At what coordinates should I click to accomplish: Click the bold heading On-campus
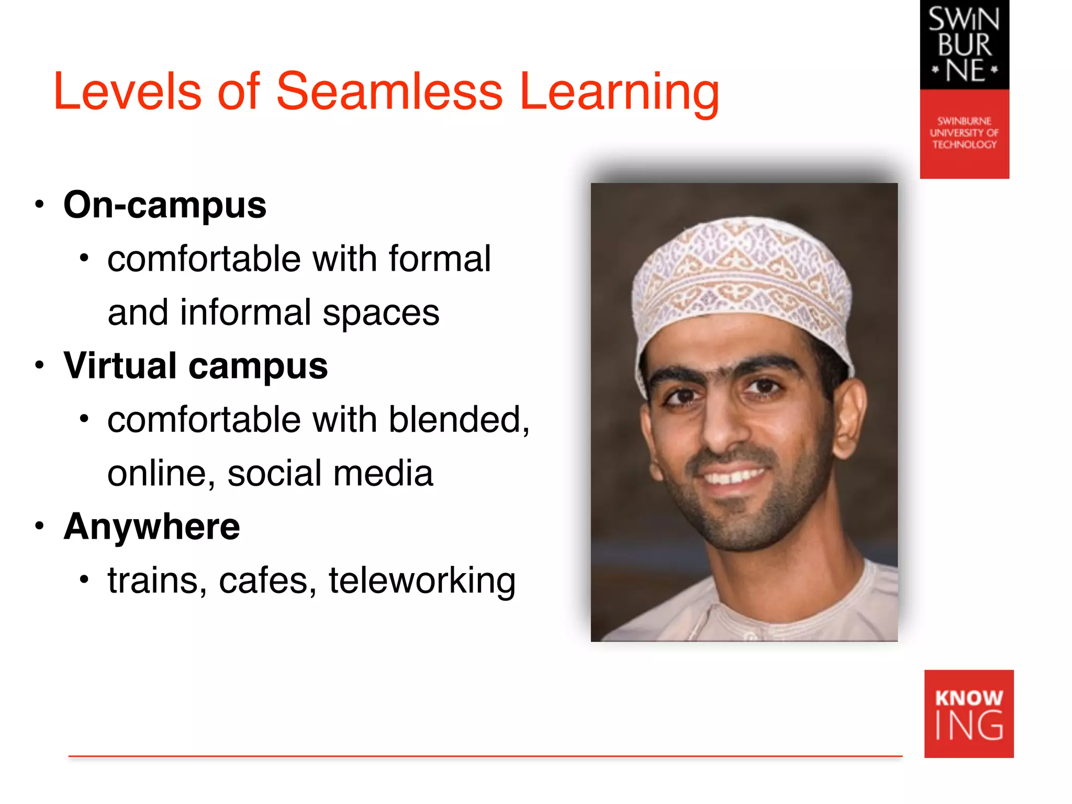point(165,205)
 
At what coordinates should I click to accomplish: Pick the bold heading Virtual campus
point(195,366)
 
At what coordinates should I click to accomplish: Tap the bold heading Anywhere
point(152,527)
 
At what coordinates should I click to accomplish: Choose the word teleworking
point(422,581)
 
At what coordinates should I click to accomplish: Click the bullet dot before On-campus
point(39,205)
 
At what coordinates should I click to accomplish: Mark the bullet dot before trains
point(84,579)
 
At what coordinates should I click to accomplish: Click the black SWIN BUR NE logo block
point(964,45)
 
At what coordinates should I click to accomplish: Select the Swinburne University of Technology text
point(964,133)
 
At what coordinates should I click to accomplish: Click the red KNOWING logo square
point(968,713)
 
